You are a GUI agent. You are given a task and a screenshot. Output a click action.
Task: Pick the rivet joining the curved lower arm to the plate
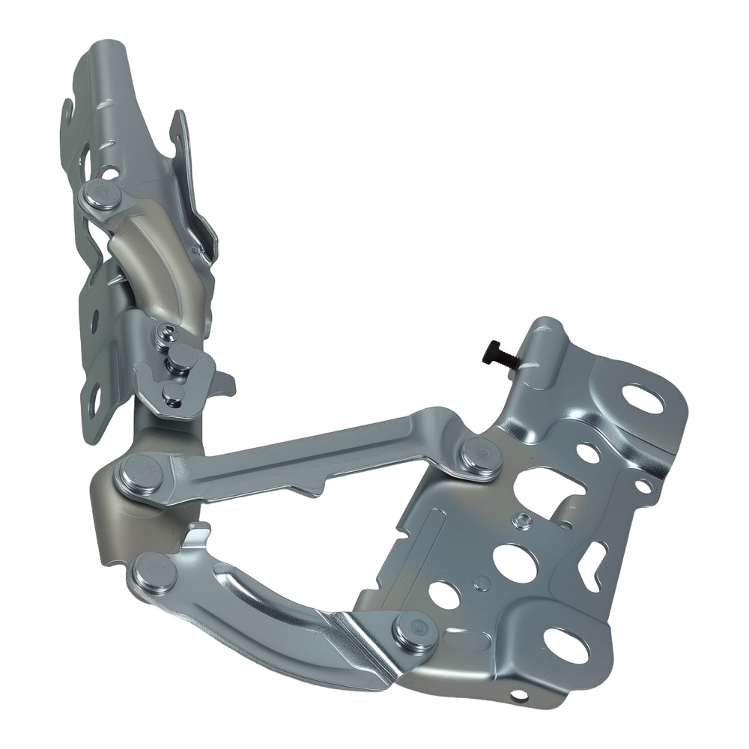click(414, 631)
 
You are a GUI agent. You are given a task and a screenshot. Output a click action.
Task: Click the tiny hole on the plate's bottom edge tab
click(516, 700)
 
